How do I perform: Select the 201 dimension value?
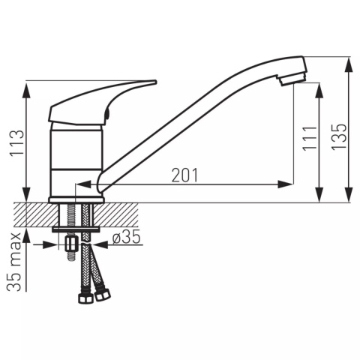coord(184,175)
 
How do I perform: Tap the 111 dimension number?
coord(310,139)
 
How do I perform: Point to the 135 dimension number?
coord(340,137)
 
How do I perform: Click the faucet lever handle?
coord(103,103)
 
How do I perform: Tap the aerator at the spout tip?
coord(292,79)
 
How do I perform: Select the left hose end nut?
coord(85,297)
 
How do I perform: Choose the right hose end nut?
coord(103,295)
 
